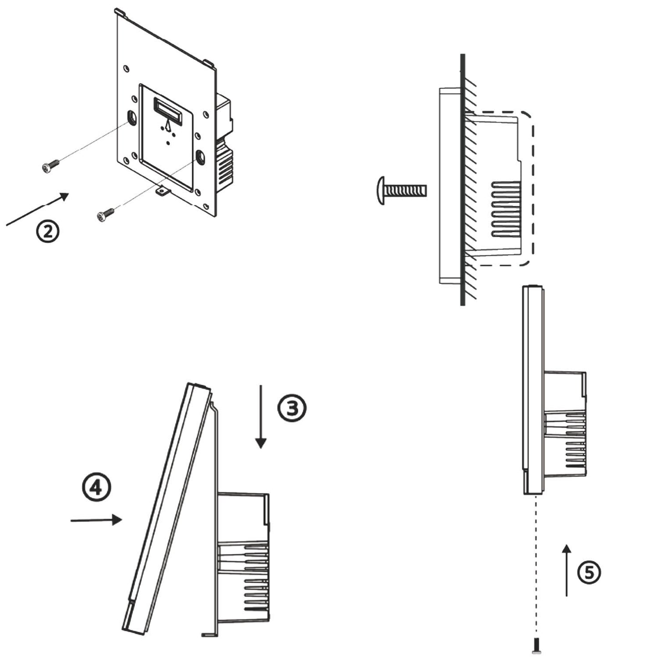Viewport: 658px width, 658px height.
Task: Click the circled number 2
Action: point(47,232)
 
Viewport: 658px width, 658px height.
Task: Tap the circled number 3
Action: point(292,408)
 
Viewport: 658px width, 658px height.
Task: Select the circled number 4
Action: point(96,487)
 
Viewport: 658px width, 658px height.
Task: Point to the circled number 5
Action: point(589,572)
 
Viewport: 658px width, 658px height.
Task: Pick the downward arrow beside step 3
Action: point(260,417)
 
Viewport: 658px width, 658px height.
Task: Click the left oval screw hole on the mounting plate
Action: point(133,118)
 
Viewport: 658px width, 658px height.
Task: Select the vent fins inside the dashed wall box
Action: point(505,209)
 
